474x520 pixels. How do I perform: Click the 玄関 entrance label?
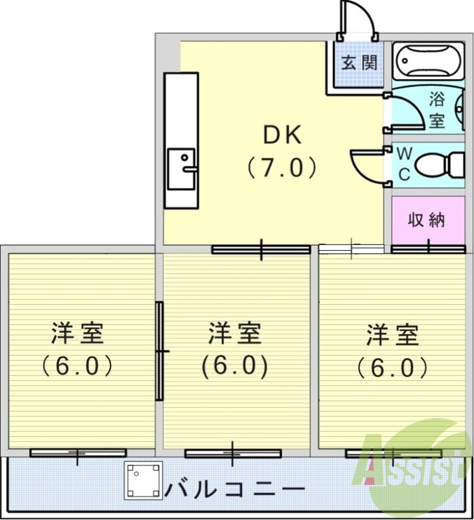tap(359, 62)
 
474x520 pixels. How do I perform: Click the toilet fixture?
tap(439, 163)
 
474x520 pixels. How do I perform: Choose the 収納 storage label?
tap(427, 220)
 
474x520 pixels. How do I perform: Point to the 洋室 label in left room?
tap(78, 334)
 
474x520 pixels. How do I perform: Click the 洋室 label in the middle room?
tap(234, 334)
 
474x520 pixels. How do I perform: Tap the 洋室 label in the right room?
tap(392, 334)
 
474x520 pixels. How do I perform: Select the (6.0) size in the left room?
tap(78, 367)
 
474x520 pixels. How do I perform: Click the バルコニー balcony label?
tap(236, 487)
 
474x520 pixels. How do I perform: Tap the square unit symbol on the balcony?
tap(143, 480)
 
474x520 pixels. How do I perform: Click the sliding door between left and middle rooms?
tap(159, 351)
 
